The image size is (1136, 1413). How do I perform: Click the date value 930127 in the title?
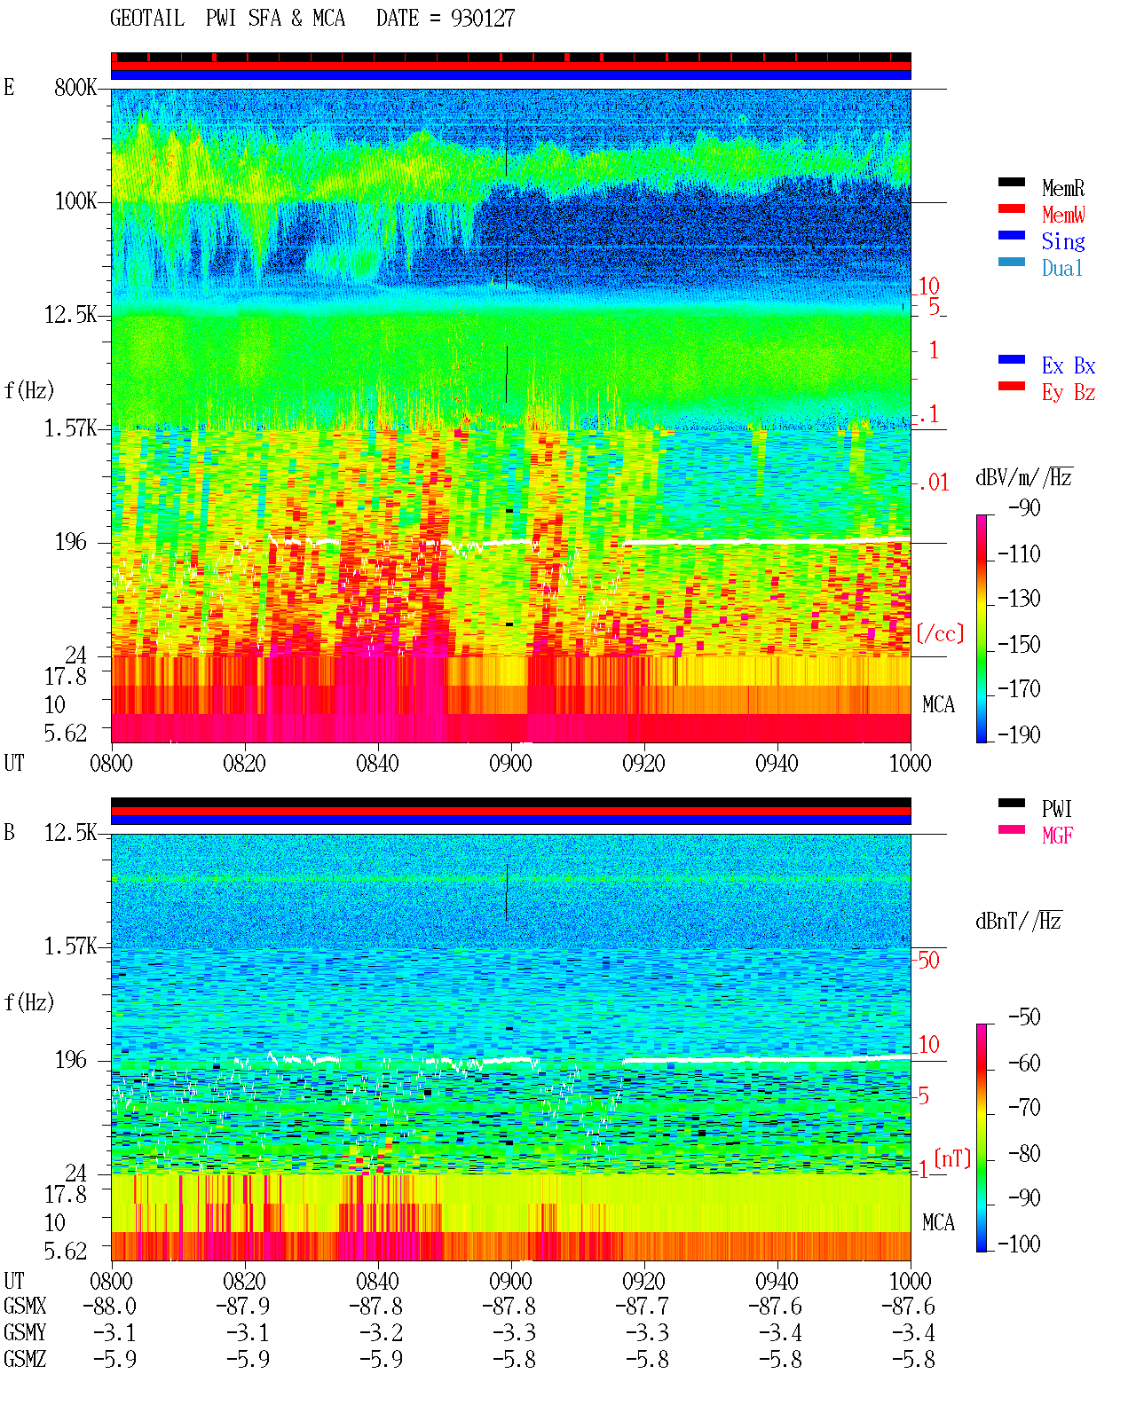483,19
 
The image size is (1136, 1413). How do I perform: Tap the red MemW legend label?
1063,215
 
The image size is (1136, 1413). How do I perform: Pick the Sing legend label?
1063,241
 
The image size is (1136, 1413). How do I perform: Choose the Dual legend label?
1062,268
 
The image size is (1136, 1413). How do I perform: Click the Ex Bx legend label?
1069,365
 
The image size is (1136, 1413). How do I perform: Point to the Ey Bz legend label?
1069,393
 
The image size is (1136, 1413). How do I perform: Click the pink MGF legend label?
1057,836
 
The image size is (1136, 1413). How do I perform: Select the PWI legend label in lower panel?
1056,809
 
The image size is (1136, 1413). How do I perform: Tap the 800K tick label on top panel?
75,87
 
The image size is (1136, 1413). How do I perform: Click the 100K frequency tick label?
75,201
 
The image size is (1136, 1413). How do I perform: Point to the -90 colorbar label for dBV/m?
1024,507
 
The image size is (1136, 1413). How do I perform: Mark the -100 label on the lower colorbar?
1019,1244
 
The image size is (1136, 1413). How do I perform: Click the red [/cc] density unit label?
940,633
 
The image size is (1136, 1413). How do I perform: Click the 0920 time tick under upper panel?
644,764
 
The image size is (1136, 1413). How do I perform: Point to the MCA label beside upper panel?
938,705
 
